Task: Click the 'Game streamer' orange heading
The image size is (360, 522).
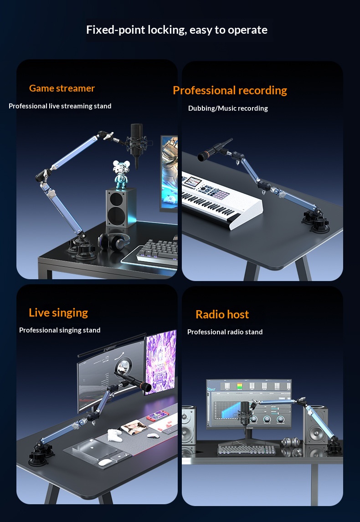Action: click(62, 88)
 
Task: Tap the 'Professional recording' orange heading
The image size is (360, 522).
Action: click(230, 90)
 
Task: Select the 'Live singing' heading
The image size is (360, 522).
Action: click(58, 312)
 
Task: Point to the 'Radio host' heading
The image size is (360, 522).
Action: click(222, 314)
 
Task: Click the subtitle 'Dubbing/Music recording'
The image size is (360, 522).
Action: click(228, 108)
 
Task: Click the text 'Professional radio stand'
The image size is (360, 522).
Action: click(225, 332)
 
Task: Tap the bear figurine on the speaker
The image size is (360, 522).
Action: click(121, 175)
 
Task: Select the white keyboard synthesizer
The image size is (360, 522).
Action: click(221, 200)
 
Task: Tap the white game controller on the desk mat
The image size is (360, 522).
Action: click(114, 435)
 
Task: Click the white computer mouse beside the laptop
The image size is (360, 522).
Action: click(106, 462)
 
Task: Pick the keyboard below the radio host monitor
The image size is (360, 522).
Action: click(247, 450)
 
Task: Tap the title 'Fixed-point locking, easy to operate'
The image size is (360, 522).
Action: click(177, 30)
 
